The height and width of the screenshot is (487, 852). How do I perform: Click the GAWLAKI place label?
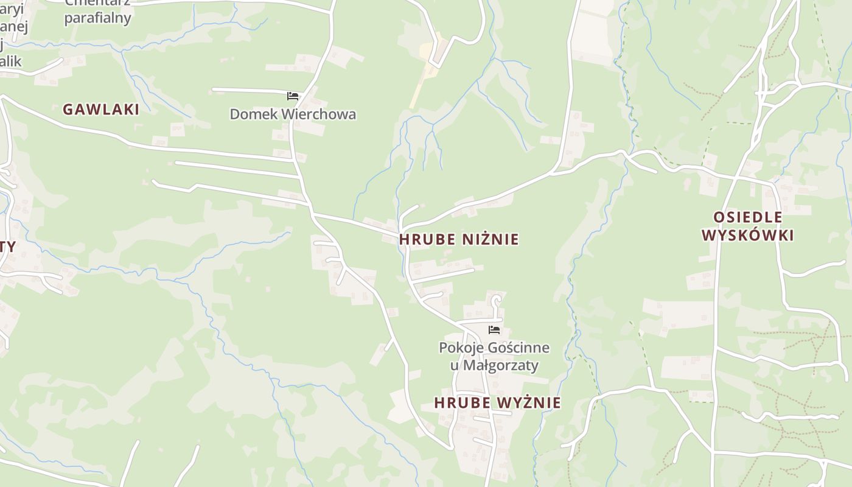coord(101,110)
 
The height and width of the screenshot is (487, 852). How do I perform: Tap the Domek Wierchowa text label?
coord(293,114)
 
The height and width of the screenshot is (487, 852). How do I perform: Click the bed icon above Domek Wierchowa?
coord(293,96)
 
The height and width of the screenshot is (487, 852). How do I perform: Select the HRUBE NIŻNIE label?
coord(459,239)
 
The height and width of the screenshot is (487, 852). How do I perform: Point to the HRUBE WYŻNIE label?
coord(497,403)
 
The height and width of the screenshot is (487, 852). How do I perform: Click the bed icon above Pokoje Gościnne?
coord(494,330)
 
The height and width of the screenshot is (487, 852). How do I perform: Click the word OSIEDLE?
coord(747,217)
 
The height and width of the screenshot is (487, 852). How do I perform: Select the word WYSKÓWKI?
coord(747,236)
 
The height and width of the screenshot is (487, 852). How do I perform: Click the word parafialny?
coord(97,18)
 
